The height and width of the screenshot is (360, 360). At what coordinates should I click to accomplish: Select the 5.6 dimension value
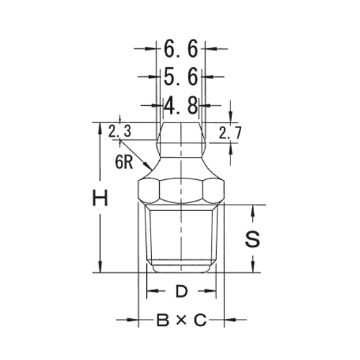coord(181,76)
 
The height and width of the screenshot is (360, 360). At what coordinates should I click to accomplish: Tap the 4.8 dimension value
coord(181,105)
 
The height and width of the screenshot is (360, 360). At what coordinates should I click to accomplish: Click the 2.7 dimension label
coord(230,132)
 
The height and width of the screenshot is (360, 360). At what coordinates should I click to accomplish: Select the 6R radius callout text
coord(124,162)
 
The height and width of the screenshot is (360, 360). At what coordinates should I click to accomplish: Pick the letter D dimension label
coord(181,292)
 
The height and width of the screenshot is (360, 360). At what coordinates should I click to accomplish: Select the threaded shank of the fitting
coord(181,238)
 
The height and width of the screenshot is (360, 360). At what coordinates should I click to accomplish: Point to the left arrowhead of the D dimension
coord(150,292)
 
